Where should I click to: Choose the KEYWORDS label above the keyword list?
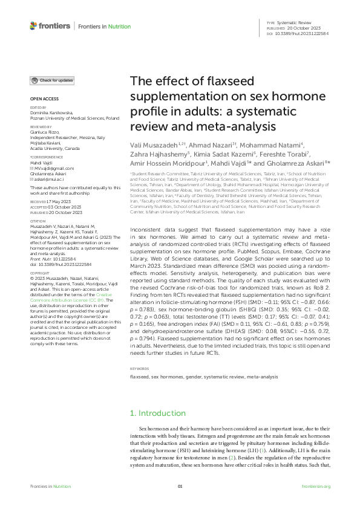click(140, 368)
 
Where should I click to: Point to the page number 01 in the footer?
click(180, 487)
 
